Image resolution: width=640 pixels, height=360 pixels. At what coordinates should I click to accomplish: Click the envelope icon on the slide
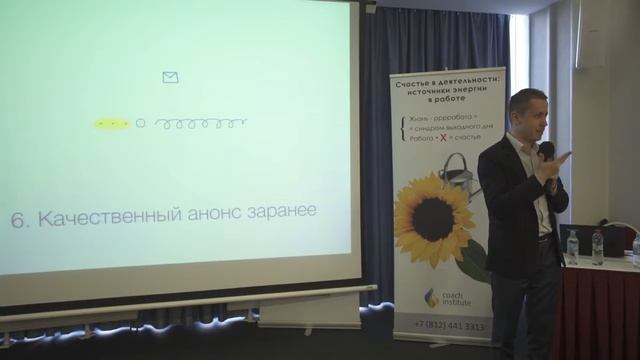click(x=170, y=77)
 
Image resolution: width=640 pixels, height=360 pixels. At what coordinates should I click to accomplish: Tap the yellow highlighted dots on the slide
click(x=112, y=124)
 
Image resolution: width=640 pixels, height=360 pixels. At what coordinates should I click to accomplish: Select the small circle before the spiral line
click(x=140, y=124)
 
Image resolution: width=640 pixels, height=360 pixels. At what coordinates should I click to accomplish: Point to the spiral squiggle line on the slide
click(x=201, y=124)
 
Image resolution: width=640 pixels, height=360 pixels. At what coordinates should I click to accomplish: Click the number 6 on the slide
click(x=17, y=219)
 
